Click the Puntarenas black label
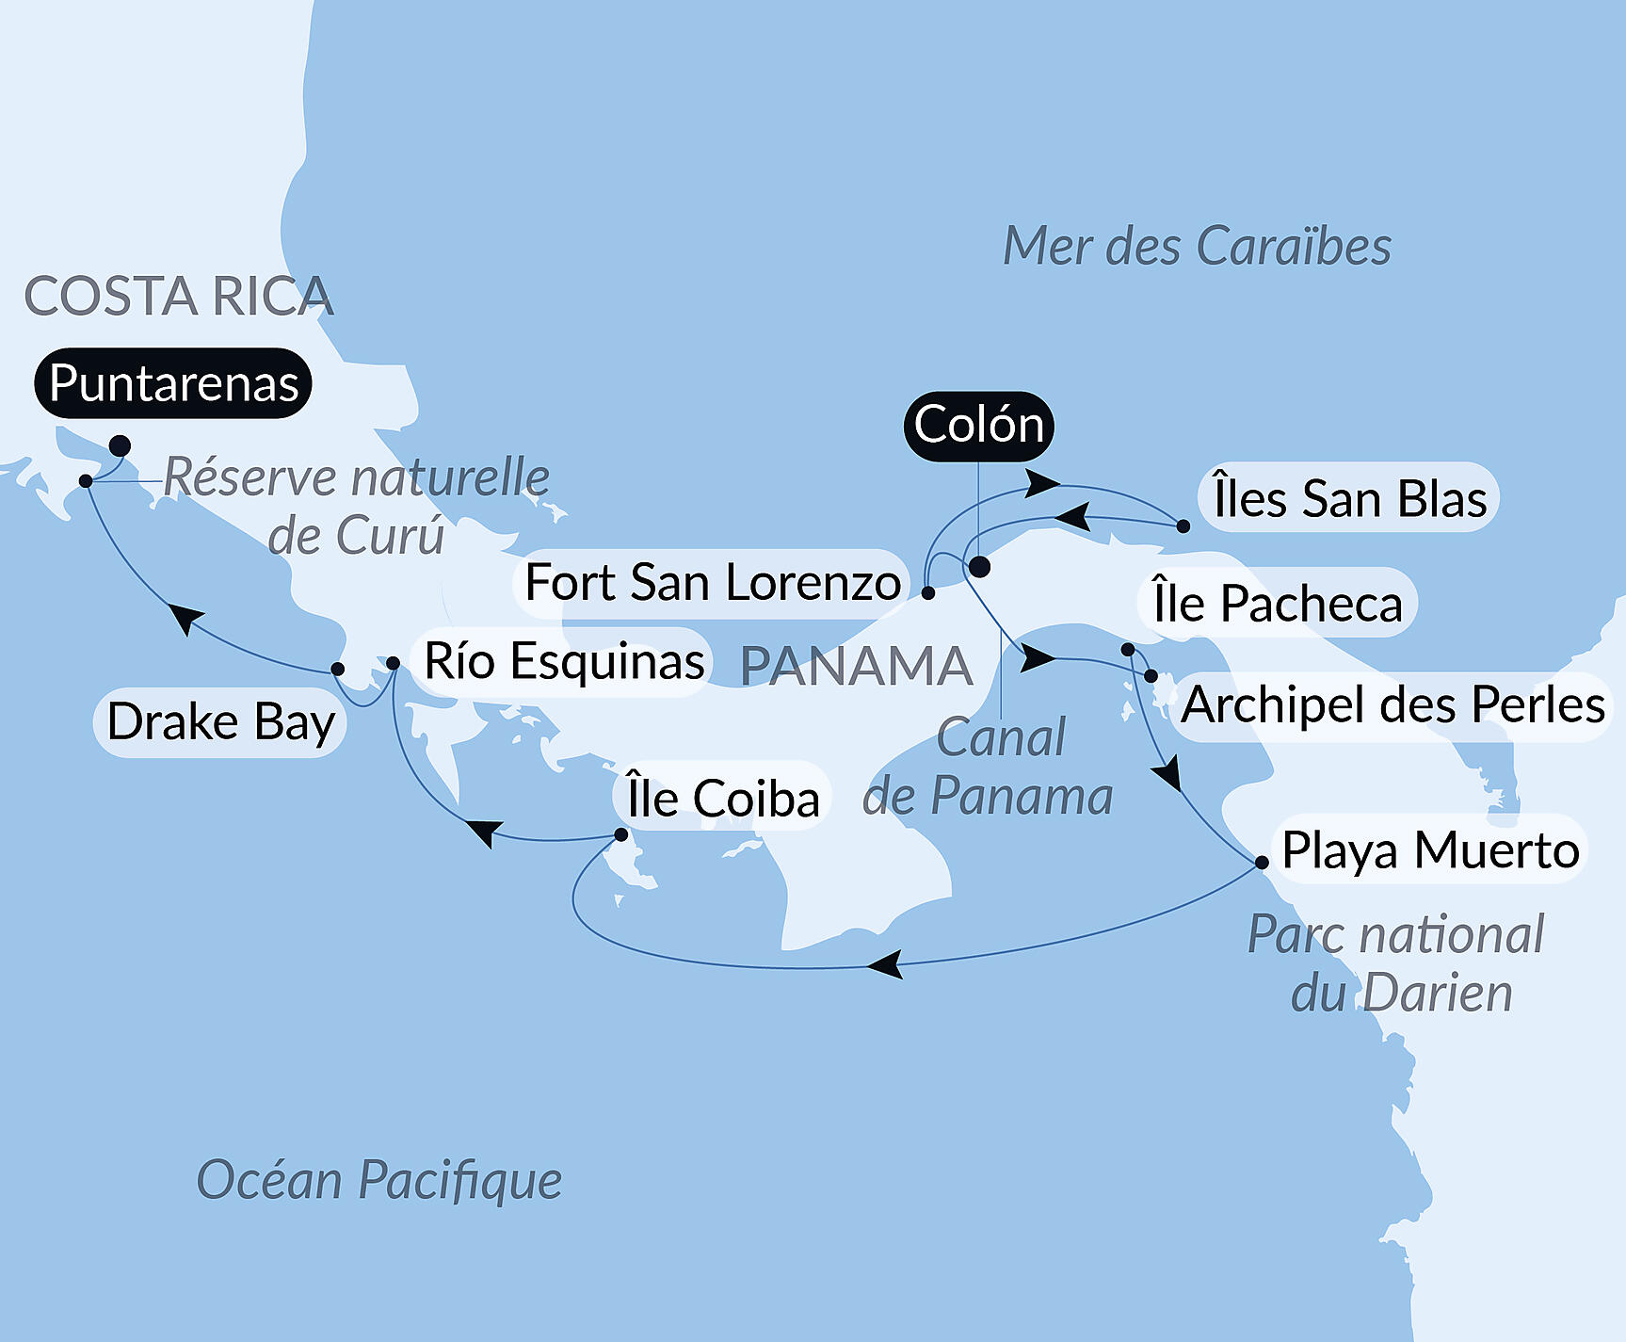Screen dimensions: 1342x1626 [173, 383]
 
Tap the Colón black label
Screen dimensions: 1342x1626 [978, 425]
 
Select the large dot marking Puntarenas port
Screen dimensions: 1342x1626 [120, 445]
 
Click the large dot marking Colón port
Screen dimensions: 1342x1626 [979, 567]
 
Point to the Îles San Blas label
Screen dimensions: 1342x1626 [1348, 498]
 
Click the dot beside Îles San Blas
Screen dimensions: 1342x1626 [1183, 526]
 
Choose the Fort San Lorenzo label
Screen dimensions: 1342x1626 [713, 582]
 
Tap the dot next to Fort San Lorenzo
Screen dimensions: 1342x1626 [928, 593]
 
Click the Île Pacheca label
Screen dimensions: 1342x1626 [1277, 604]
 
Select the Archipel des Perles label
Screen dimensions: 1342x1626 [1392, 704]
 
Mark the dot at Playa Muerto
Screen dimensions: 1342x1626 [1262, 862]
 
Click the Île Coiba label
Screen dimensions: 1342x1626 [723, 799]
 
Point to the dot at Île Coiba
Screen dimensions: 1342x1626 [620, 834]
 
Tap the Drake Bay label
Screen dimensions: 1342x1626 [220, 722]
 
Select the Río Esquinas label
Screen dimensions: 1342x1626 [563, 661]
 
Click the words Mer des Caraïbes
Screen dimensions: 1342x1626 [1196, 247]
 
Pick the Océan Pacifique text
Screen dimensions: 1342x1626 [378, 1180]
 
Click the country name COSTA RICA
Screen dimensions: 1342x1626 [179, 297]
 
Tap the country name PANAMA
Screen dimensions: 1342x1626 [856, 666]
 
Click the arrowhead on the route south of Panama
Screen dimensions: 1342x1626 [885, 964]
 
